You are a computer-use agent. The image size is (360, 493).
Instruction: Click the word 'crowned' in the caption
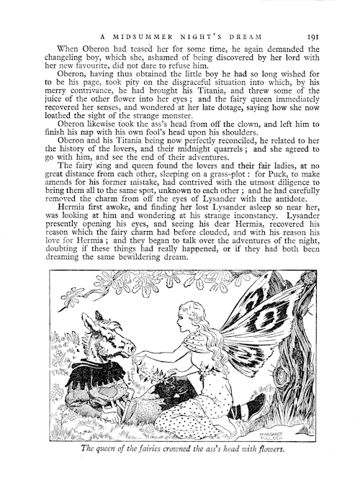coord(203,451)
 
